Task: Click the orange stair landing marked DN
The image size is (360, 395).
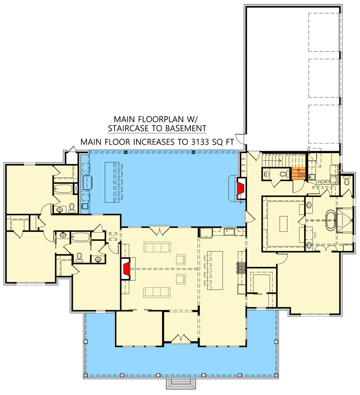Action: pos(299,174)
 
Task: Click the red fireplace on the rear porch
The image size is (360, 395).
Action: pos(240,188)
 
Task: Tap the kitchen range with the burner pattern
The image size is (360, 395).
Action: pos(241,267)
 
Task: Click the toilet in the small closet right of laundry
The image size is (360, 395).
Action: pos(347,181)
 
